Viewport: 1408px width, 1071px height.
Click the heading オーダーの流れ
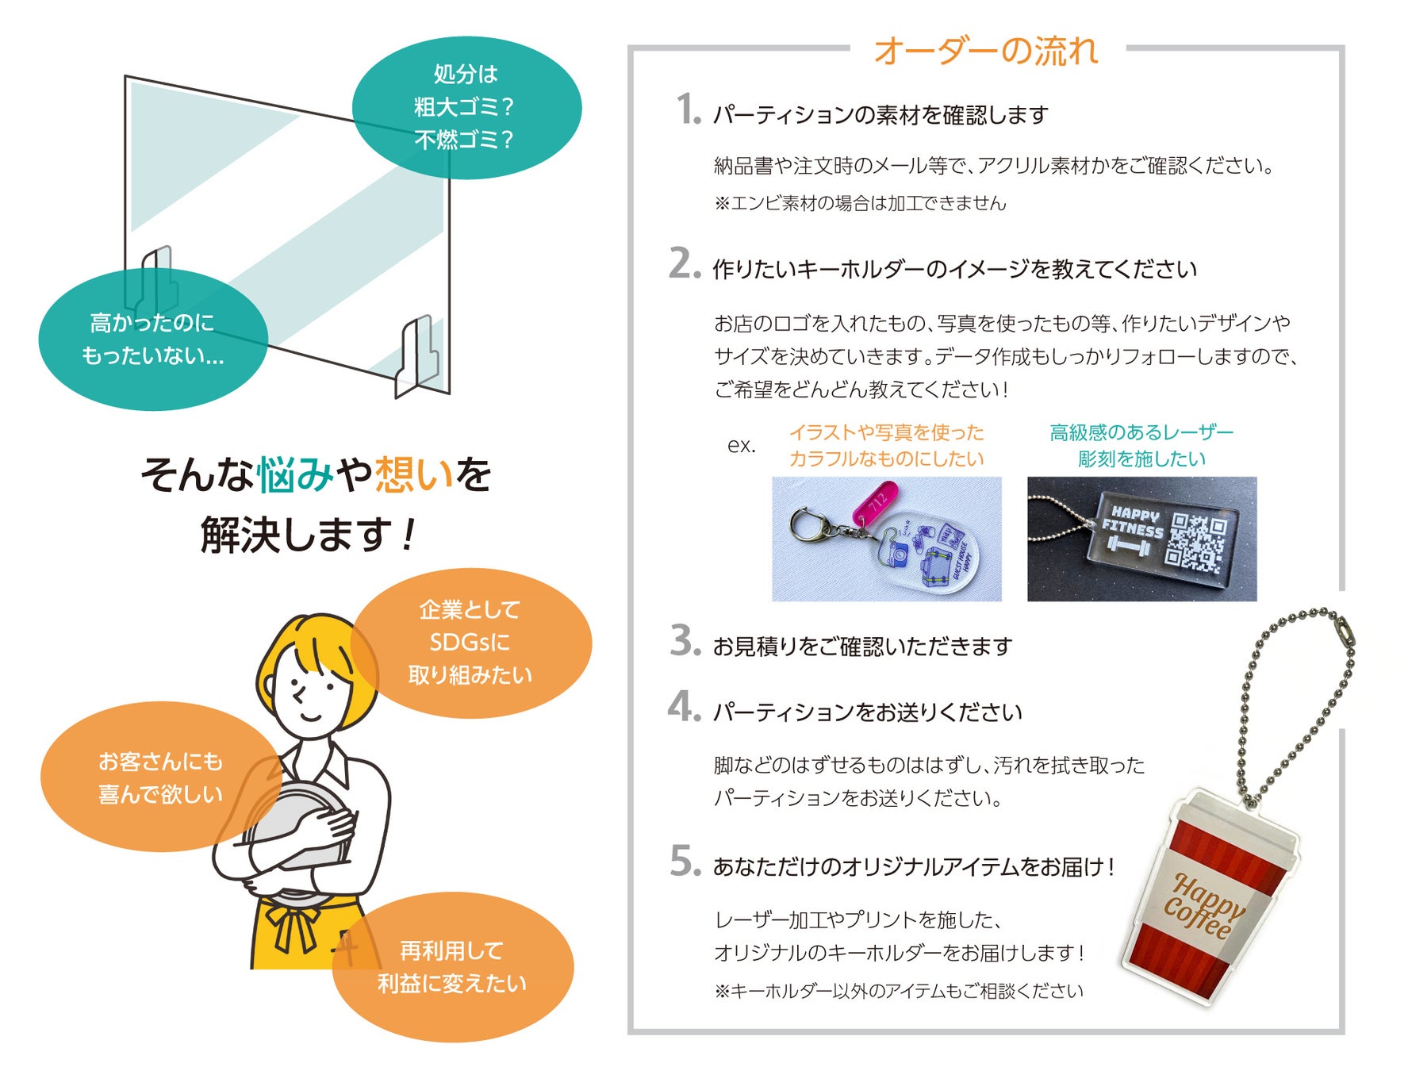[986, 52]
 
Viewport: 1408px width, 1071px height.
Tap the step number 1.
[688, 109]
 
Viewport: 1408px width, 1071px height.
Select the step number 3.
[685, 641]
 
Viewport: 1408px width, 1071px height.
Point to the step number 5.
[685, 862]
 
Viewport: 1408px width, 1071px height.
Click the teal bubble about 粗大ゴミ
[466, 107]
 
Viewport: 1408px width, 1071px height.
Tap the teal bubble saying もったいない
[152, 340]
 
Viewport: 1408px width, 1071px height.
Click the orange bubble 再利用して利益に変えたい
[452, 967]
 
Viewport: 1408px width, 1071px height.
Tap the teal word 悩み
[296, 475]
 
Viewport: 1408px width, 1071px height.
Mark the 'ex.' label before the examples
[741, 446]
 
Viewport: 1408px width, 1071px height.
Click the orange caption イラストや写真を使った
[886, 433]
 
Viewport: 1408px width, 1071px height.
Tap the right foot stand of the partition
[418, 357]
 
